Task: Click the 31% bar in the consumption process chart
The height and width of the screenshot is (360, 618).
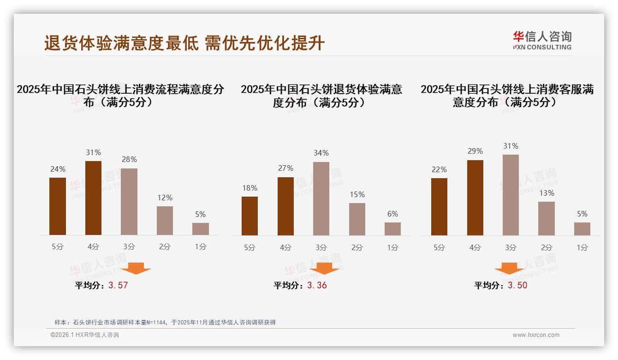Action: (93, 198)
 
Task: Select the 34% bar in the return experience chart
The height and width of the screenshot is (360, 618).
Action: (321, 198)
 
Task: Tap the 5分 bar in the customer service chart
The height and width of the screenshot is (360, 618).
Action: (439, 207)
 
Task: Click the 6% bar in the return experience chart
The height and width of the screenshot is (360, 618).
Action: (392, 229)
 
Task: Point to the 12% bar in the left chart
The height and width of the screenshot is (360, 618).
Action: (165, 221)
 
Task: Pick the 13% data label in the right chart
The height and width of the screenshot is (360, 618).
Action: (547, 193)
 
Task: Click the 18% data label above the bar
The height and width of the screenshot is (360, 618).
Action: (250, 188)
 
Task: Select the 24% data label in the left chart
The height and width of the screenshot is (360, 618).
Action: (58, 169)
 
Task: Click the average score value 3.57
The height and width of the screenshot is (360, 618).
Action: (118, 285)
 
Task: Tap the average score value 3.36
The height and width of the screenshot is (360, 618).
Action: (317, 285)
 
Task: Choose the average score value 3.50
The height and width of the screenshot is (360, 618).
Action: (517, 285)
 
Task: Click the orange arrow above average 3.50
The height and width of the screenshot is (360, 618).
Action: (509, 269)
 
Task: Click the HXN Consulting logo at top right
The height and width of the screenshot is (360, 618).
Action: (542, 40)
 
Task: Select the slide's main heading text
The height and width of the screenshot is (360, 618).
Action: (184, 43)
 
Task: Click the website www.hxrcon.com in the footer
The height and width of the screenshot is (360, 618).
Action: (536, 335)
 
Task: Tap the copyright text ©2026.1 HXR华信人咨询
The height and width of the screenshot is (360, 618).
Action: (85, 335)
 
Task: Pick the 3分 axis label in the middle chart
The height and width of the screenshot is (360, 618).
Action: (321, 247)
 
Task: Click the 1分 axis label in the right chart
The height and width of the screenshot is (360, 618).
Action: (582, 247)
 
